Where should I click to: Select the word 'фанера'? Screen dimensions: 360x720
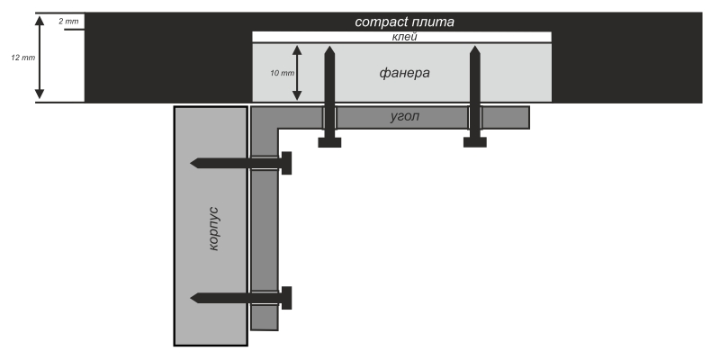pos(404,72)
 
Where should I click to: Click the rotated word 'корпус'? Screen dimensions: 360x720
pos(213,227)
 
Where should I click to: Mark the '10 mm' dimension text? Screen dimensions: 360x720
pos(282,72)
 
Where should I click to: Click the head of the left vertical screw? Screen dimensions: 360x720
pos(330,141)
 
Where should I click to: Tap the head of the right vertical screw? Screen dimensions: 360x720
pos(474,141)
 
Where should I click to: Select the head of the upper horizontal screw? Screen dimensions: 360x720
pos(287,163)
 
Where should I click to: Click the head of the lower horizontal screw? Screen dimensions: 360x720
pos(287,297)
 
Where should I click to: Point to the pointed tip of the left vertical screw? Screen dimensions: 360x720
pos(330,45)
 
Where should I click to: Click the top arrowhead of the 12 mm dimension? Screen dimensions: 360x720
pos(40,17)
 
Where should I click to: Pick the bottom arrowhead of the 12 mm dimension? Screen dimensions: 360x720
pos(40,95)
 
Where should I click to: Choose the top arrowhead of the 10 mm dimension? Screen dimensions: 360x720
pos(297,46)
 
